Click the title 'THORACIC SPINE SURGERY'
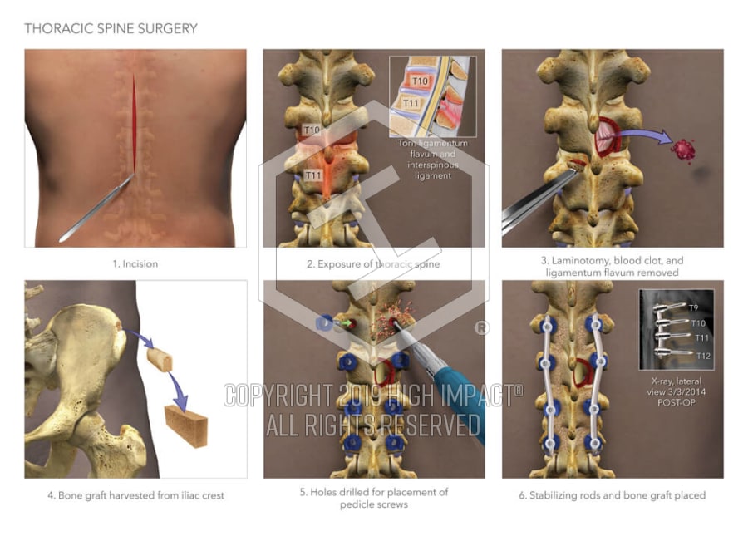pos(111,29)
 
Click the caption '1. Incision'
pos(135,264)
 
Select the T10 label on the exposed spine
pos(311,130)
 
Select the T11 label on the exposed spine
pos(312,175)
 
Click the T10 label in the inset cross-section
pos(420,81)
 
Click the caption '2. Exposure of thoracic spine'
pos(373,264)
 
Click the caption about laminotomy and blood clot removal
pos(612,266)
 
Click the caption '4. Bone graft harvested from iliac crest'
pos(135,495)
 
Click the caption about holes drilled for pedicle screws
pos(374,498)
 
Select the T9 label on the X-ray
pos(693,308)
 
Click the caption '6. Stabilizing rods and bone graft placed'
pos(613,495)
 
